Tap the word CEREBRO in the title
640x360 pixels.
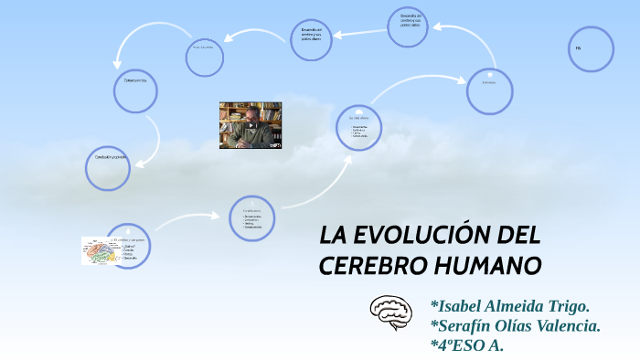click(365, 266)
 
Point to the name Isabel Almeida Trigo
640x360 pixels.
click(509, 305)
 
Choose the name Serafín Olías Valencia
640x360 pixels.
click(515, 325)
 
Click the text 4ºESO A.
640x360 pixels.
click(466, 345)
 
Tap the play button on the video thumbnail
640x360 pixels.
click(251, 125)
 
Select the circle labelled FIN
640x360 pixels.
click(591, 49)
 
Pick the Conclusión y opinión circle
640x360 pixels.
click(108, 167)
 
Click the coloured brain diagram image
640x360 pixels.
click(97, 250)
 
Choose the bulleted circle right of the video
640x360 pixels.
click(357, 130)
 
